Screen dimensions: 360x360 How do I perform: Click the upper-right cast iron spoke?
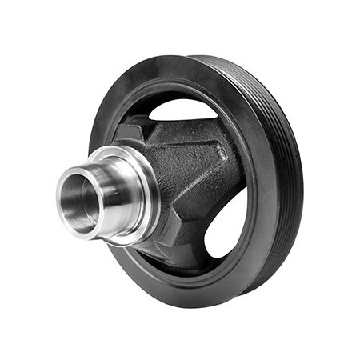click(x=200, y=156)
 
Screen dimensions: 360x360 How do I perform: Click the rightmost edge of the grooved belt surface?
click(x=303, y=184)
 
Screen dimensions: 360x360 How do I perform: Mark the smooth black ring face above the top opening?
click(x=184, y=80)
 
